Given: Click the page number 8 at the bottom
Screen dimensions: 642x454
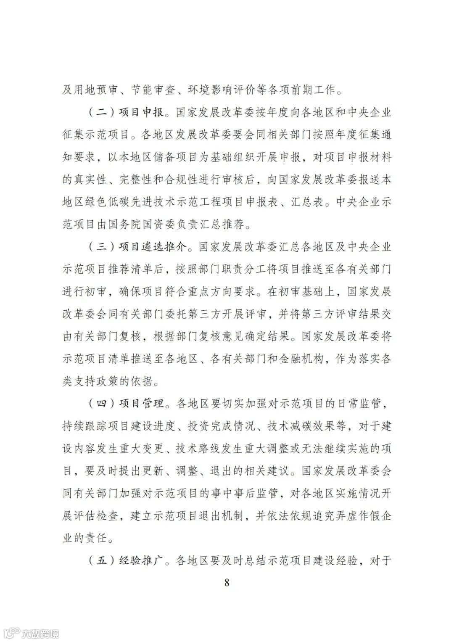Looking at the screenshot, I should (227, 582).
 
